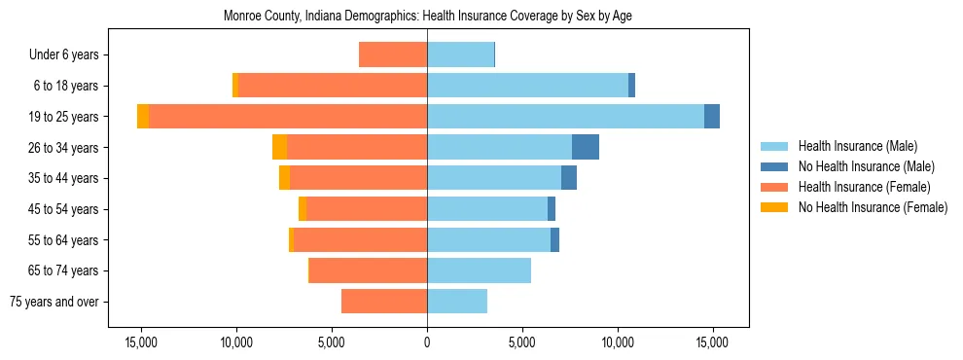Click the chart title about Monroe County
click(428, 17)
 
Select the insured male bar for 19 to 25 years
click(565, 117)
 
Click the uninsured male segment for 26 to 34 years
click(586, 147)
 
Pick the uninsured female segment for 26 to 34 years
click(279, 147)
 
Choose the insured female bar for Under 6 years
click(393, 54)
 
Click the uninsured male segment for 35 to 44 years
click(569, 178)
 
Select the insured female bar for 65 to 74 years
click(368, 270)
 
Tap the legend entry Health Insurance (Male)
click(857, 146)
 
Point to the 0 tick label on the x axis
click(427, 342)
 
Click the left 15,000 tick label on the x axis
click(141, 342)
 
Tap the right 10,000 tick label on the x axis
click(618, 342)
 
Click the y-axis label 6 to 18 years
click(65, 86)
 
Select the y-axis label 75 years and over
click(53, 302)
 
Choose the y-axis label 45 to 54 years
click(63, 209)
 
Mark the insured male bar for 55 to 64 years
click(488, 239)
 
